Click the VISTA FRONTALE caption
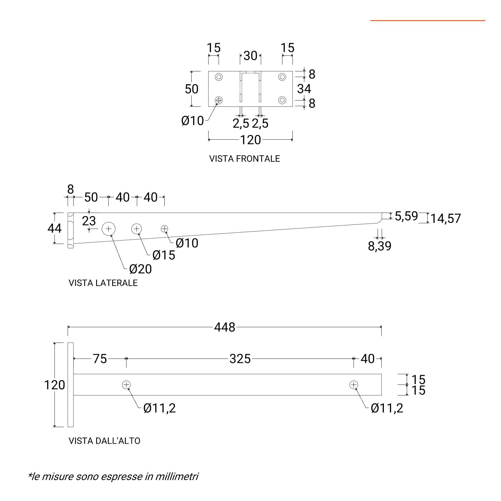pos(244,159)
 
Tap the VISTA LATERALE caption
pos(103,283)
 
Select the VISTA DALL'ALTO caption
pos(104,441)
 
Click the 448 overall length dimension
pos(225,327)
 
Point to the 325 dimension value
pos(240,359)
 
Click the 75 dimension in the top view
pos(100,359)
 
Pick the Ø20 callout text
pos(140,269)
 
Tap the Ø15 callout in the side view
pos(163,255)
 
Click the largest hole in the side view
pos(108,229)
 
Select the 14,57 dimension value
pos(445,219)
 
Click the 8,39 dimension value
pos(380,246)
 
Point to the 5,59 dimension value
pos(406,216)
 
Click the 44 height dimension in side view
pos(54,228)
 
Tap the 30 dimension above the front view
pos(250,56)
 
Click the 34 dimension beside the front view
pos(304,89)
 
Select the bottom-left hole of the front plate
pos(219,100)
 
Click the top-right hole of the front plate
pos(282,77)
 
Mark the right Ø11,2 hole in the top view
pos(354,385)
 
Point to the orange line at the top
pos(428,21)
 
